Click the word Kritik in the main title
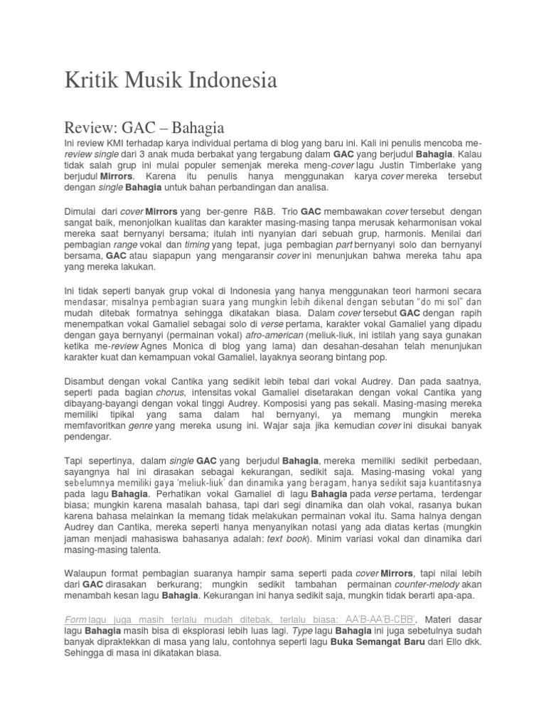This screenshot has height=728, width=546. [x=87, y=81]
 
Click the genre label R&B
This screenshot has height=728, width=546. [x=262, y=211]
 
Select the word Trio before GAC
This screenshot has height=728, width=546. [x=287, y=211]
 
